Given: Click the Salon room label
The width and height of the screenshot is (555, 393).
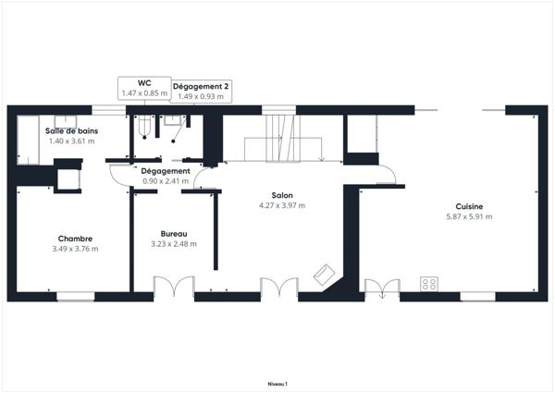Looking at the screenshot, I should click(282, 195).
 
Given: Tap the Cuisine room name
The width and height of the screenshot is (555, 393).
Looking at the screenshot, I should click(469, 206).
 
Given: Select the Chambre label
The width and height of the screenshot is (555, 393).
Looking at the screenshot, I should click(75, 238).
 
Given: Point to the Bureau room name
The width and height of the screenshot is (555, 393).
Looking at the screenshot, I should click(173, 233).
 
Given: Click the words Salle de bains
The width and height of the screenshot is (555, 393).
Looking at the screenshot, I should click(72, 130).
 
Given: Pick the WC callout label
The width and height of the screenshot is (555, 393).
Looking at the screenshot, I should click(145, 83).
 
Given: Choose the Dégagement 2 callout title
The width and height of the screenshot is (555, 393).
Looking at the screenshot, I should click(201, 85).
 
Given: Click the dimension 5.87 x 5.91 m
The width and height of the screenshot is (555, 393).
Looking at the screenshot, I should click(469, 216).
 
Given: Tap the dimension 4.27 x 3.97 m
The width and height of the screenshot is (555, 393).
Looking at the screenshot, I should click(282, 205).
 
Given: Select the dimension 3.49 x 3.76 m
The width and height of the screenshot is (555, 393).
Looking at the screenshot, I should click(75, 248).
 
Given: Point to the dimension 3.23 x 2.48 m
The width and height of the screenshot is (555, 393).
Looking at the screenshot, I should click(173, 244).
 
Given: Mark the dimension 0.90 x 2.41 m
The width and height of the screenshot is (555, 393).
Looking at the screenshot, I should click(166, 180).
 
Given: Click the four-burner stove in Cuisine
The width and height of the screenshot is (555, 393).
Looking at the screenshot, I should click(429, 284).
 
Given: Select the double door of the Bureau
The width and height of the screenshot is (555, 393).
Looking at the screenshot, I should click(173, 288).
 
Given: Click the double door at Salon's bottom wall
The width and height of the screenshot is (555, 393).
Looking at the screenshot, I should click(279, 288).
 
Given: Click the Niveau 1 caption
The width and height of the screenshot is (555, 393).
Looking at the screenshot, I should click(277, 383).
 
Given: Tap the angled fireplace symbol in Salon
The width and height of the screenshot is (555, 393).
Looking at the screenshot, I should click(326, 275).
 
